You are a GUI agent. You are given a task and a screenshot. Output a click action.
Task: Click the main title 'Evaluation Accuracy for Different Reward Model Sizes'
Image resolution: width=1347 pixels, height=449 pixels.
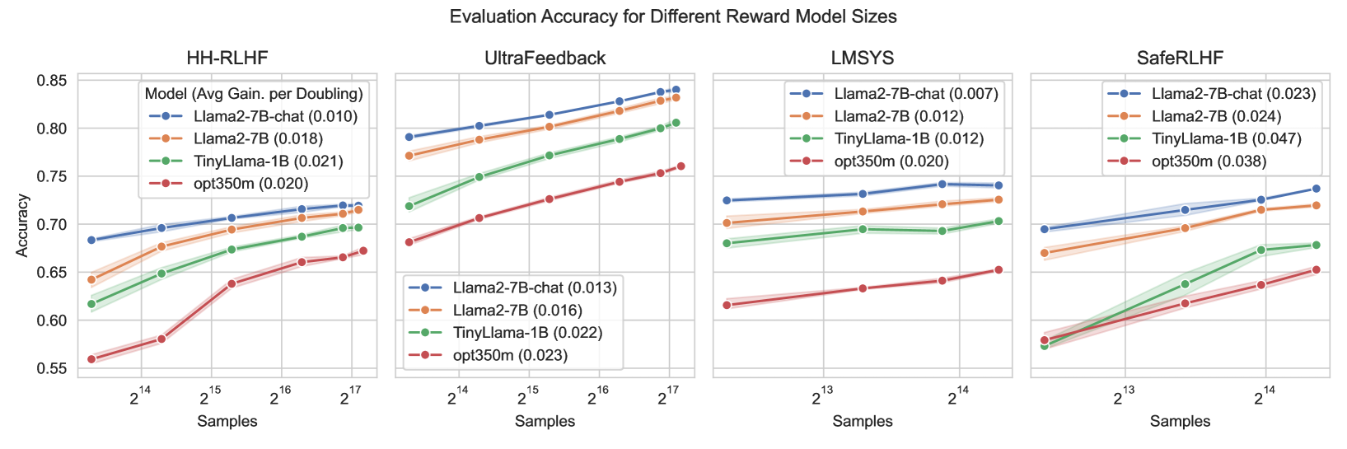pyautogui.click(x=673, y=16)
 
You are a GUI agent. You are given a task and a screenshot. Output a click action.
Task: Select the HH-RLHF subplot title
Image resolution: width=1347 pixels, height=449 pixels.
pyautogui.click(x=227, y=58)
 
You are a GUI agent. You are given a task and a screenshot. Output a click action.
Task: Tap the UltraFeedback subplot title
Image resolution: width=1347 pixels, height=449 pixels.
pyautogui.click(x=545, y=58)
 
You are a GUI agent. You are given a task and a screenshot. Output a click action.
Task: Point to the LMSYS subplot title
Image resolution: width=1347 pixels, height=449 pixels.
pyautogui.click(x=862, y=58)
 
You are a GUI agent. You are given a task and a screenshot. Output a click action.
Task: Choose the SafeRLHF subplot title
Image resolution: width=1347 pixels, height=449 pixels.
pyautogui.click(x=1180, y=58)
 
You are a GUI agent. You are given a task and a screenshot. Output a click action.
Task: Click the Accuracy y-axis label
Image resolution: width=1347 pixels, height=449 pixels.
pyautogui.click(x=22, y=225)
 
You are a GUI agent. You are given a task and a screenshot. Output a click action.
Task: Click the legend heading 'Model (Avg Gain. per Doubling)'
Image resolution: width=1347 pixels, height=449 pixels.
pyautogui.click(x=254, y=94)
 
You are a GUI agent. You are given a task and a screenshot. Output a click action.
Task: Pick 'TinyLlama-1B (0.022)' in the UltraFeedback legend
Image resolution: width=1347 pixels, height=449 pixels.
pyautogui.click(x=527, y=333)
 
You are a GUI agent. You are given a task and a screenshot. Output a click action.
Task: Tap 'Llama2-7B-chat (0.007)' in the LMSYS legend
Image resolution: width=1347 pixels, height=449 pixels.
pyautogui.click(x=915, y=94)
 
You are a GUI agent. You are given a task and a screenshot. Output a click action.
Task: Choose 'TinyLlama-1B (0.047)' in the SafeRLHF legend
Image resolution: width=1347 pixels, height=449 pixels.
pyautogui.click(x=1226, y=138)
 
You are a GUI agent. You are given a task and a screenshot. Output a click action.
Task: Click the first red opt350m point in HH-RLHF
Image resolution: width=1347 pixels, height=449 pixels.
pyautogui.click(x=91, y=359)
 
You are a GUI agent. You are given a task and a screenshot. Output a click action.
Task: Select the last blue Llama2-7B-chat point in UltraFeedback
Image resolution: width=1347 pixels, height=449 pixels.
pyautogui.click(x=676, y=90)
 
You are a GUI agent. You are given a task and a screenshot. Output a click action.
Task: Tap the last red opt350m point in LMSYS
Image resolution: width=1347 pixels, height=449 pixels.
pyautogui.click(x=999, y=269)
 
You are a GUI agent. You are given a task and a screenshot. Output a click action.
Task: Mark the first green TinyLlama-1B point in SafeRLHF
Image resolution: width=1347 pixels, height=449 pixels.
pyautogui.click(x=1045, y=346)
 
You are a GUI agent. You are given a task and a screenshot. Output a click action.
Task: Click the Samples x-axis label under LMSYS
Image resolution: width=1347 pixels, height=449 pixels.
pyautogui.click(x=862, y=421)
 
